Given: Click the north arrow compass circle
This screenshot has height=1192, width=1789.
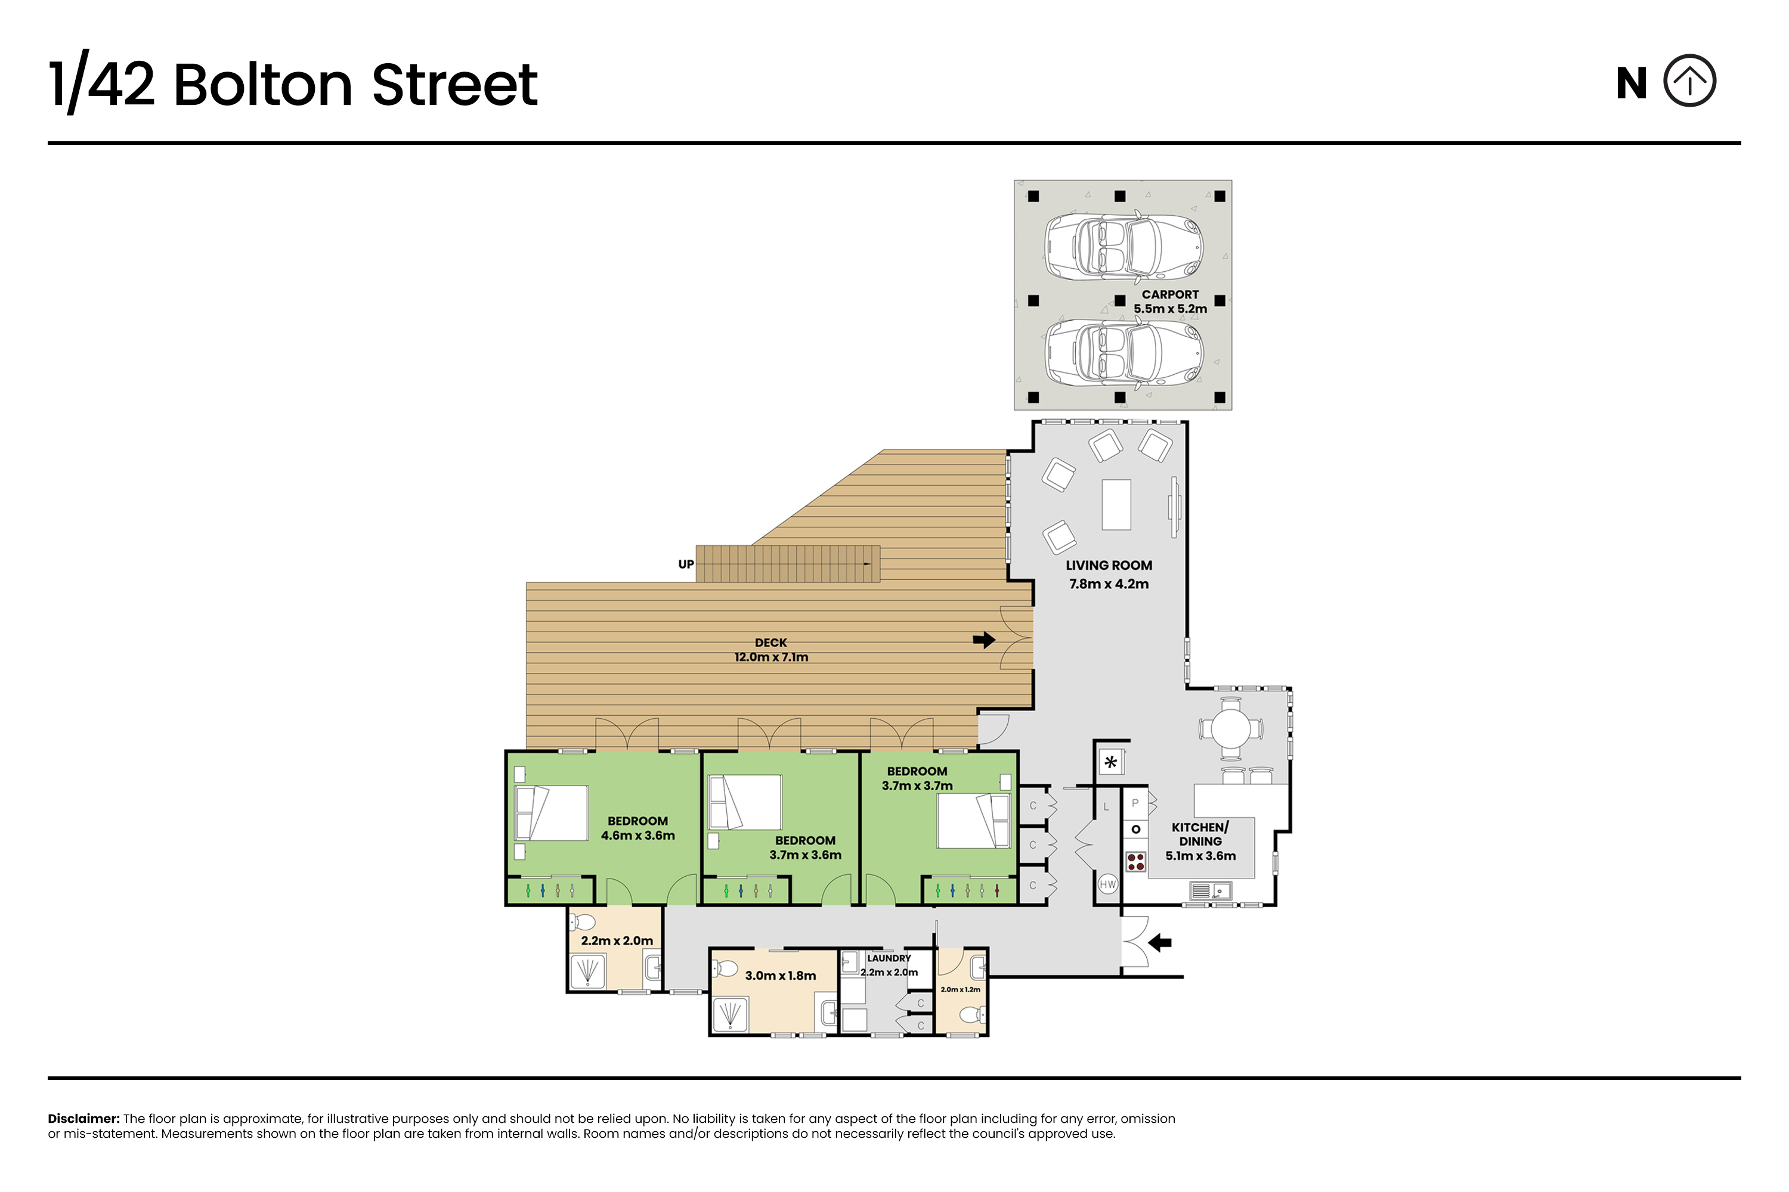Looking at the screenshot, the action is [1689, 55].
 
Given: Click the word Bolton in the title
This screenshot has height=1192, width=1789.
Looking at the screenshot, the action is [263, 85].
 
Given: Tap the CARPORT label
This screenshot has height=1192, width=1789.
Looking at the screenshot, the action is [1170, 294].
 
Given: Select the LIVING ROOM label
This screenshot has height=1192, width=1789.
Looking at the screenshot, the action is [1109, 566].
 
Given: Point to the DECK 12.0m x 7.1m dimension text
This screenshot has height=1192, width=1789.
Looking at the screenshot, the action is [771, 657].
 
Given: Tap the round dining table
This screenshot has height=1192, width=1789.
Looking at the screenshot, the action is [1231, 728].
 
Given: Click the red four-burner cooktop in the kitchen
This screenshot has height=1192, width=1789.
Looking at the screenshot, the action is [1135, 861].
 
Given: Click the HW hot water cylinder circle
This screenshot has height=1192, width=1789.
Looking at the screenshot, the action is [1107, 884].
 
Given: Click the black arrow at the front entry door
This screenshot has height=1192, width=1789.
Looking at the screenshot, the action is [1159, 943].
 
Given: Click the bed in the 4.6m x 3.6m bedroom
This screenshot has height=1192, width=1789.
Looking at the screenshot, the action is [552, 813].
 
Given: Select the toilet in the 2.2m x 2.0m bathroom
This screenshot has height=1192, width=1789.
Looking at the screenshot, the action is [583, 923].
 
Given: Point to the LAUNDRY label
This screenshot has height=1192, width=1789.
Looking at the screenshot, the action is [889, 958].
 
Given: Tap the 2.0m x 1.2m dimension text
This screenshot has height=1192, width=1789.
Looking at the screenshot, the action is [961, 990].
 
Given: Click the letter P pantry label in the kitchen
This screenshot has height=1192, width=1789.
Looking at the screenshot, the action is [1135, 803].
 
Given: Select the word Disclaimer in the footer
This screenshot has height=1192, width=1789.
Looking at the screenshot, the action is [83, 1119].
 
